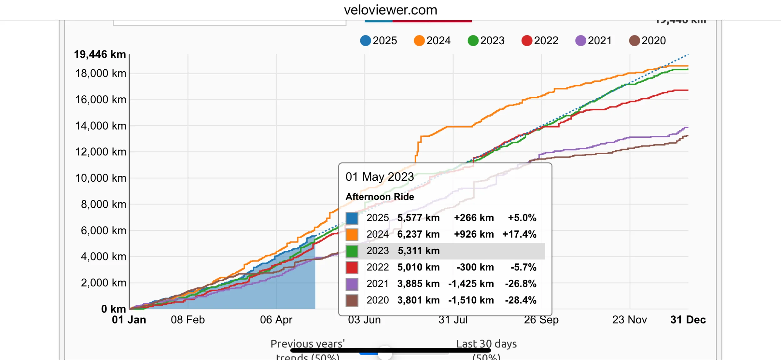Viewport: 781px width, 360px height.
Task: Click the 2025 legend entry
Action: pos(379,41)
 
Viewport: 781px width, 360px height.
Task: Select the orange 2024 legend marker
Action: pos(419,41)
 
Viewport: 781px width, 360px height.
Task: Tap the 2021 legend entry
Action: pos(594,41)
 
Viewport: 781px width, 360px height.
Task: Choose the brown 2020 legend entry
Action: pos(648,41)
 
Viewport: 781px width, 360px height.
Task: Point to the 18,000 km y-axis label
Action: pos(101,73)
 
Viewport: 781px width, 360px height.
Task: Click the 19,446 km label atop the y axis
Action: pos(100,54)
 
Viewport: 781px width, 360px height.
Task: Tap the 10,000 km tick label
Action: pos(101,178)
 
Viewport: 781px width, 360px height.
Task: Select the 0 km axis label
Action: pos(113,309)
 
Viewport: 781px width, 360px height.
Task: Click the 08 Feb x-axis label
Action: pos(188,320)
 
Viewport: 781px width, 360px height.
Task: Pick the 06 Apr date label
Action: pos(276,320)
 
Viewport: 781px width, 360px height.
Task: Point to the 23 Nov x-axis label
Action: pos(629,320)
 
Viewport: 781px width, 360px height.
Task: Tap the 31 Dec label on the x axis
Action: pos(688,320)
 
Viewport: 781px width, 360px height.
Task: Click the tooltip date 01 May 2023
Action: pos(380,177)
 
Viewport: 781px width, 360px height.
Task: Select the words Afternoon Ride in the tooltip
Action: pos(380,197)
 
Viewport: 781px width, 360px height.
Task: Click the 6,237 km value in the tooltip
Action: pos(418,234)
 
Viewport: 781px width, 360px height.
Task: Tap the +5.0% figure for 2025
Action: pos(522,218)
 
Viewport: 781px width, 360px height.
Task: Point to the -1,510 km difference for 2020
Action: pos(471,300)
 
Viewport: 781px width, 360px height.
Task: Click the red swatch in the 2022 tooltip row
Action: pos(352,268)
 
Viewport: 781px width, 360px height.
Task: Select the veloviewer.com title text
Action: pos(390,10)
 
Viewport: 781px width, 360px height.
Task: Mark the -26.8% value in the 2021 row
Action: pos(521,284)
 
